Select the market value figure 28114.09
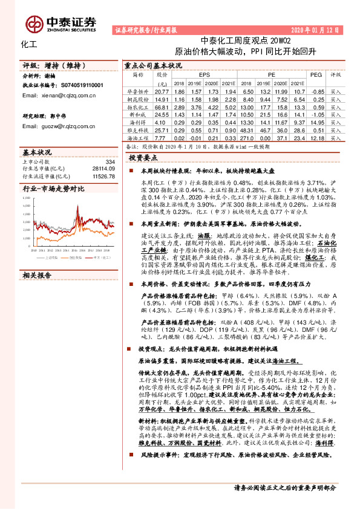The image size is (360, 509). click(x=102, y=169)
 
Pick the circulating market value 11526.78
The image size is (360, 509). click(x=102, y=176)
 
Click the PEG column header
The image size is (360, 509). click(x=316, y=75)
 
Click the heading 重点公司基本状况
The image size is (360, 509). click(x=152, y=64)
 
